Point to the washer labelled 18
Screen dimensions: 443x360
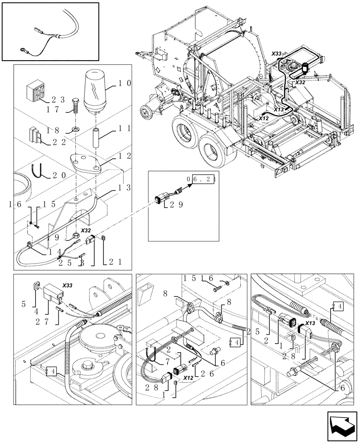pyautogui.click(x=74, y=129)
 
